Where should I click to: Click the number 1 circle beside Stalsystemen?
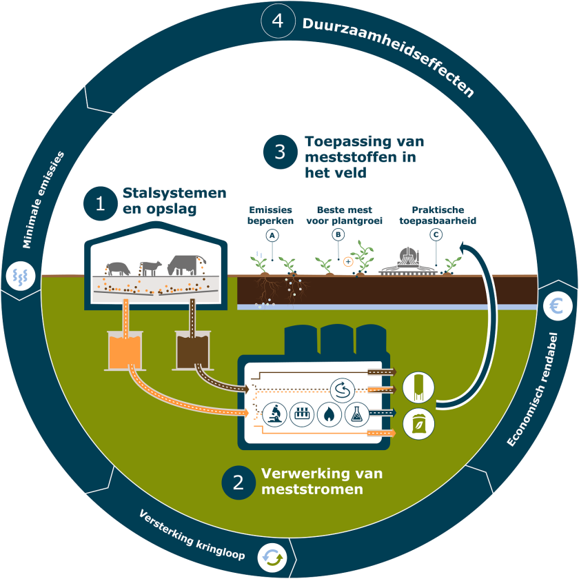(100, 204)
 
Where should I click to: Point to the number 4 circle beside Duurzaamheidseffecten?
(278, 21)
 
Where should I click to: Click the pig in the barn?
(119, 267)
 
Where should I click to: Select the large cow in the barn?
(182, 264)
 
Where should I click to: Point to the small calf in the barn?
(150, 266)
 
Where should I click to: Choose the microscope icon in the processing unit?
(274, 414)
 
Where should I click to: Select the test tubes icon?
(301, 414)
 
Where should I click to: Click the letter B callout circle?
(338, 235)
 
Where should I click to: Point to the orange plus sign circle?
(348, 261)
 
